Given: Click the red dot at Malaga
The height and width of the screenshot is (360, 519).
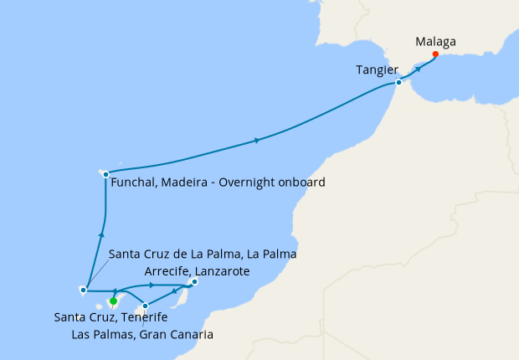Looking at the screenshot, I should [435, 54].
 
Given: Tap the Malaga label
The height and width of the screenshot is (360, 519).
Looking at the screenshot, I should [437, 39].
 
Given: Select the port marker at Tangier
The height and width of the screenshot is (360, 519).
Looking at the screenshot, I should [399, 82].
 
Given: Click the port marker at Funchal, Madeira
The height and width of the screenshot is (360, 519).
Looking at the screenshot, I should [105, 174].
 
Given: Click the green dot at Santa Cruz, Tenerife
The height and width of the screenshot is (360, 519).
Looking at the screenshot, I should [113, 301].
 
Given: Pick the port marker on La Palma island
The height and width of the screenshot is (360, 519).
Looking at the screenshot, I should [84, 291].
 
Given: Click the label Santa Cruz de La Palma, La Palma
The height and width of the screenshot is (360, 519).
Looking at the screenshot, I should [203, 254].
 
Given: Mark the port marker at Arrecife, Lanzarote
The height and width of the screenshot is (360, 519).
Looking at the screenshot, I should [194, 282].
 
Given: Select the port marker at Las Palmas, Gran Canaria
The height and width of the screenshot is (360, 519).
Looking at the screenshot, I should [146, 305].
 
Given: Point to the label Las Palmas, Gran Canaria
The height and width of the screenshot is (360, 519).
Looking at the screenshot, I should [142, 335].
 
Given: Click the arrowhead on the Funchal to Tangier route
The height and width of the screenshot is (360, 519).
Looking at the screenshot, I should [256, 141].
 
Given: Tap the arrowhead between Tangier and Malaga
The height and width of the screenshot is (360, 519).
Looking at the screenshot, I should [417, 69].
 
